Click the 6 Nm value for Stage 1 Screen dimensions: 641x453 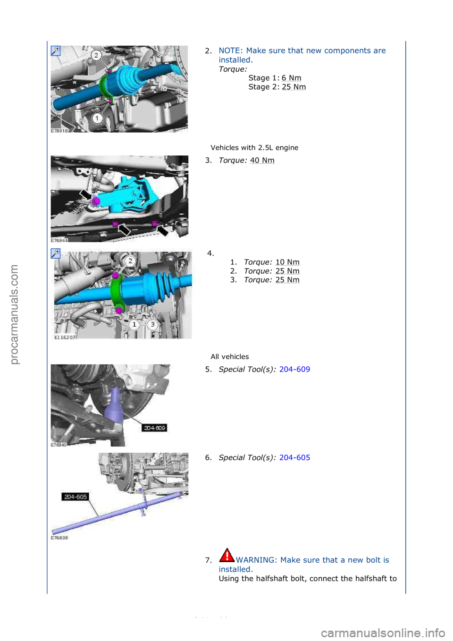coord(291,78)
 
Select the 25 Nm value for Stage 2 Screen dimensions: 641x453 coord(294,87)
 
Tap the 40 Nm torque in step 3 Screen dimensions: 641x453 coord(262,160)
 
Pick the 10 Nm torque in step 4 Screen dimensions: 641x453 coord(287,262)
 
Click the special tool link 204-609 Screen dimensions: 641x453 coord(294,369)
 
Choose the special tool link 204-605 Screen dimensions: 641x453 coord(294,457)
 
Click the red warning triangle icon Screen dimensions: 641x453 coord(227,556)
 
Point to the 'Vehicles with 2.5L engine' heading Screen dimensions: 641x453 coord(254,148)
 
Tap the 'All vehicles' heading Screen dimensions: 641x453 coord(230,357)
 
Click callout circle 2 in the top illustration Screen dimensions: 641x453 coord(96,55)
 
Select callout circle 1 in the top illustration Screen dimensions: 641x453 coord(97,118)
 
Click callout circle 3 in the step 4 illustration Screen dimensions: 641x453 coord(152,324)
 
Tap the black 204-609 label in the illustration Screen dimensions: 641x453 coord(155,428)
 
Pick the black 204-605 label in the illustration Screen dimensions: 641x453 coord(75,497)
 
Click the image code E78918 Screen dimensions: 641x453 coord(59,131)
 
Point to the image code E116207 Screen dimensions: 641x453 coord(65,337)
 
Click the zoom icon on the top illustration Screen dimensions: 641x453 coord(56,51)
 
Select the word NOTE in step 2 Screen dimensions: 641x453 coord(230,51)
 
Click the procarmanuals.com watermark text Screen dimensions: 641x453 coord(14,314)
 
